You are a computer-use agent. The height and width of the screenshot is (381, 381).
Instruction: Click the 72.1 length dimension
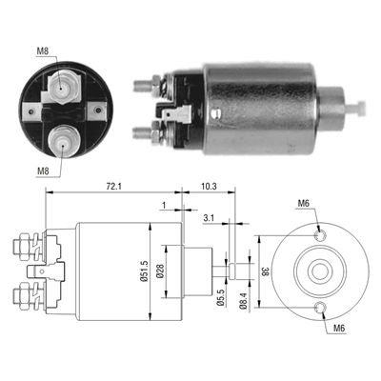click(x=114, y=187)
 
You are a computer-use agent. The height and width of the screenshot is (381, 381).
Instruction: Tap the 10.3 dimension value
click(x=209, y=187)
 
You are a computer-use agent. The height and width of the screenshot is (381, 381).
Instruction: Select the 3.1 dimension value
click(x=209, y=218)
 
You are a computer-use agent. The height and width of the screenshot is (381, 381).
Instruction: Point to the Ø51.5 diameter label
click(x=144, y=271)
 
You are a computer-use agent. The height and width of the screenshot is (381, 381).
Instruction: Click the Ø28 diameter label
click(x=160, y=271)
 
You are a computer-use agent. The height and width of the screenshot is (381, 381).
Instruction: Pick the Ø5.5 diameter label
click(x=222, y=298)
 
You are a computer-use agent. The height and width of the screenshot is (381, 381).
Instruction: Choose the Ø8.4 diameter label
click(x=244, y=300)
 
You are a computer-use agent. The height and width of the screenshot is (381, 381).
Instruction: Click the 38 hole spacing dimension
click(x=265, y=271)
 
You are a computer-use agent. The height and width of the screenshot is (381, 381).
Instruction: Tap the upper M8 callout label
click(x=43, y=50)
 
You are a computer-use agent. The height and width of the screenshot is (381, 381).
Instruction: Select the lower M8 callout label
click(x=43, y=171)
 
